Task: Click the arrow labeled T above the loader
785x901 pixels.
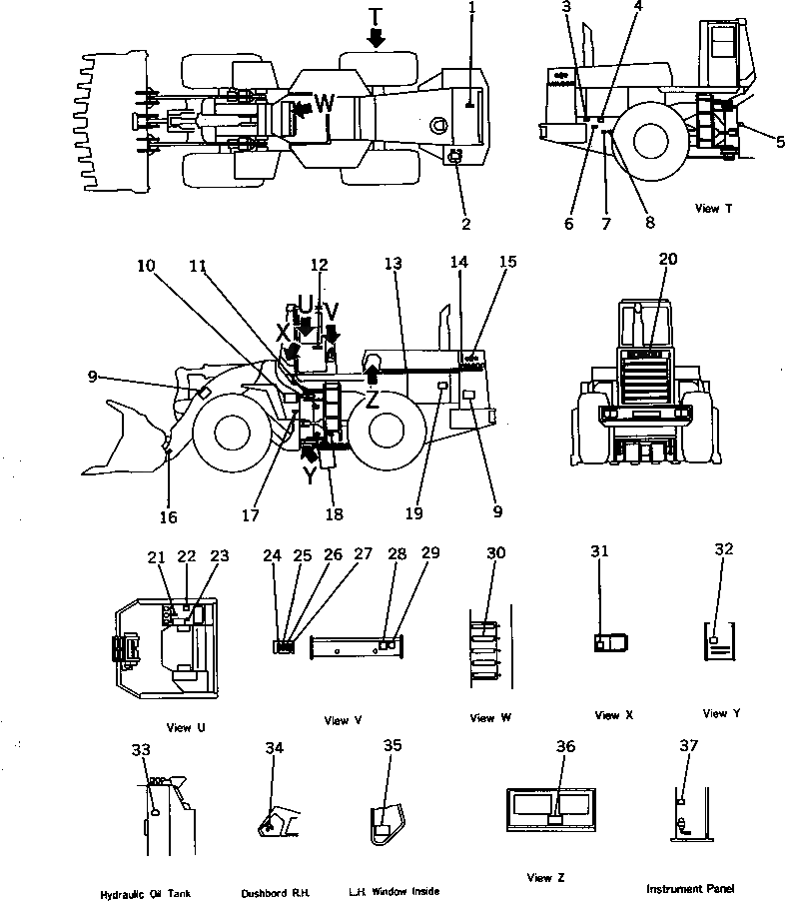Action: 376,37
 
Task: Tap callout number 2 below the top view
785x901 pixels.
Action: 465,224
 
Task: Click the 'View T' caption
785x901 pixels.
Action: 713,208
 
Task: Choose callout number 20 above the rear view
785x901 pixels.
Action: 667,258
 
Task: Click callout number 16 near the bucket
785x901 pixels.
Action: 170,516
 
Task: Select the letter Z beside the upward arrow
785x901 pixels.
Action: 372,401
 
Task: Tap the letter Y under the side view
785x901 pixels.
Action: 310,476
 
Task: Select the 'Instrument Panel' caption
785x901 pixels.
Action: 690,888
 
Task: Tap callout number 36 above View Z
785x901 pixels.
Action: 566,747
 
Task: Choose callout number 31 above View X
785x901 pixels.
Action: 599,551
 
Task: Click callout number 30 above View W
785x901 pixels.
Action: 495,552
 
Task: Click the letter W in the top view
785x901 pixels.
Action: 325,102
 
